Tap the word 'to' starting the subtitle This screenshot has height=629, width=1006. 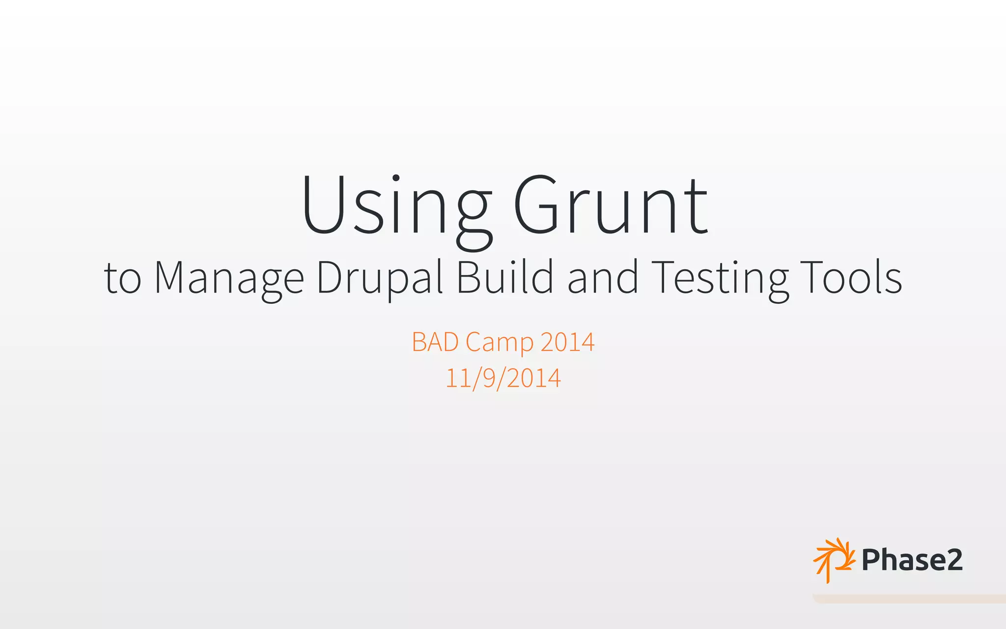(123, 279)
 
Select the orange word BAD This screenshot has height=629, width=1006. (435, 342)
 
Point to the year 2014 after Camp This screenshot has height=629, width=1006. (567, 342)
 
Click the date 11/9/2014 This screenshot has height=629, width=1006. (503, 378)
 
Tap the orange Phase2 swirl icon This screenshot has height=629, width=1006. (834, 560)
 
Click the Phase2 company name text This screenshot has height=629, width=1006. (912, 560)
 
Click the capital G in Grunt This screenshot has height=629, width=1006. (536, 205)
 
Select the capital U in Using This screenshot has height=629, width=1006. (323, 205)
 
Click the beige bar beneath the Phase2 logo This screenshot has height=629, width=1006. (909, 599)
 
